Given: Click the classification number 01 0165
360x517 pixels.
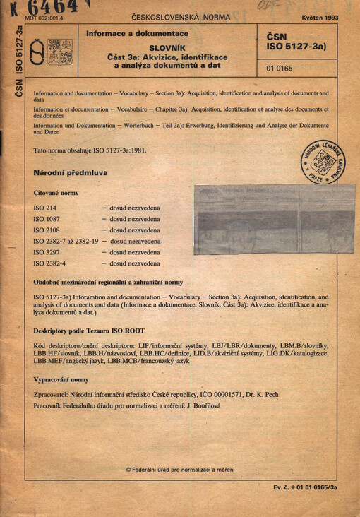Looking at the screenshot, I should pos(280,69).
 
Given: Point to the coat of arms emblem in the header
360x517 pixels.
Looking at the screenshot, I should pos(51,52).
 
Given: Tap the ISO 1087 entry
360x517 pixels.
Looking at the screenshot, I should pos(47,220).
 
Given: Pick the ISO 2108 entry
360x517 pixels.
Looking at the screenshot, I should pos(47,230).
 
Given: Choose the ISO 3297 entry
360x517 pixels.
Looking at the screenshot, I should pos(47,252).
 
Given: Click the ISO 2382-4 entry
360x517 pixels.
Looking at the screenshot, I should pos(50,263).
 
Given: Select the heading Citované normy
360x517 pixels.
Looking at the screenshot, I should pos(56,193).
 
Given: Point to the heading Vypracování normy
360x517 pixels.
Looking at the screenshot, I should pos(61,379).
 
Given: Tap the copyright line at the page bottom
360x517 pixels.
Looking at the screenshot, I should pos(180,469).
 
